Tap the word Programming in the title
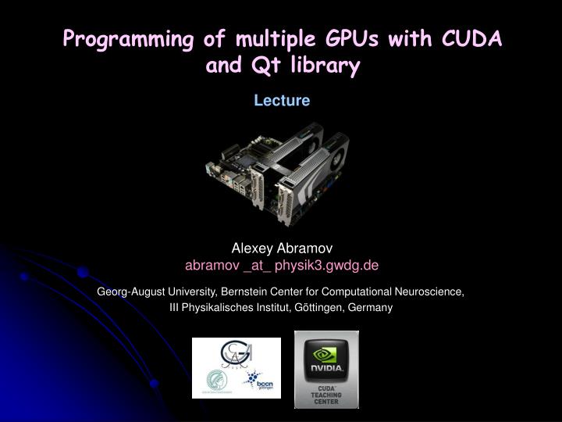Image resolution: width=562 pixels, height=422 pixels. (122, 38)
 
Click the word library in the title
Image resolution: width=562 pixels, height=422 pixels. (321, 66)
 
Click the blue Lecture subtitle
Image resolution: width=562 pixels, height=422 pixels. (281, 100)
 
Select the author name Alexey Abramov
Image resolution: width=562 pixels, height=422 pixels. (281, 248)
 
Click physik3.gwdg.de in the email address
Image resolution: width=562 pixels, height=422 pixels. (328, 265)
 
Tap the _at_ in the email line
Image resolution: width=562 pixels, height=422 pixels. (257, 265)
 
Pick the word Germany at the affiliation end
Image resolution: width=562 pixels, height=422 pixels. (372, 307)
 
